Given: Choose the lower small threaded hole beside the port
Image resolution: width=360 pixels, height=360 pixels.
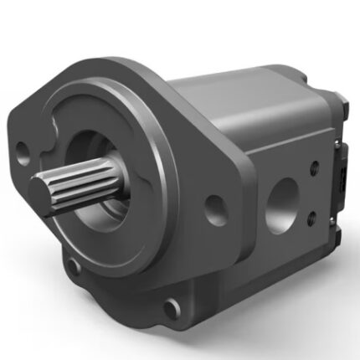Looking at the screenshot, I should tap(312, 219).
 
